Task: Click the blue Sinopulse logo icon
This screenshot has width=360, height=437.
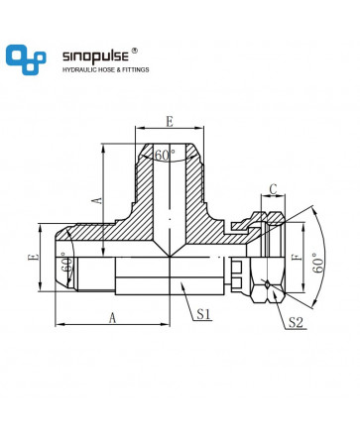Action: (x=26, y=59)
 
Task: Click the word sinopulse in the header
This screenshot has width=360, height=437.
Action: (x=95, y=56)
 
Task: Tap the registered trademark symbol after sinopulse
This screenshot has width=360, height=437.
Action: (x=135, y=51)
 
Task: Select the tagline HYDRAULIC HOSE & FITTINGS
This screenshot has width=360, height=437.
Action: (x=106, y=69)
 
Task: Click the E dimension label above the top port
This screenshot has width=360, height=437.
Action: (x=170, y=122)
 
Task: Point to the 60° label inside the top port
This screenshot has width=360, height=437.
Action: (x=165, y=155)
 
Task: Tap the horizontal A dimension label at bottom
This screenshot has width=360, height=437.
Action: (x=113, y=318)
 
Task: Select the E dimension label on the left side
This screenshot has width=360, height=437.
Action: (x=34, y=257)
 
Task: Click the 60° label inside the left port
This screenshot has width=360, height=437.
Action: (x=67, y=265)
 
